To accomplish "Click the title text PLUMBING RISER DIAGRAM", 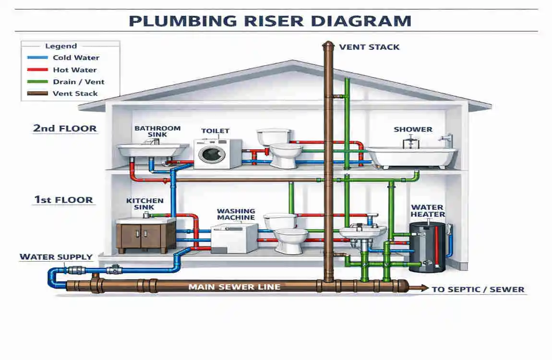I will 270,21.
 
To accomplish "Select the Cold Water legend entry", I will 75,58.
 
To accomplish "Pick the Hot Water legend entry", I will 74,70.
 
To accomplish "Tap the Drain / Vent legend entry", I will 78,82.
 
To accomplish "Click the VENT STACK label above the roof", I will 369,47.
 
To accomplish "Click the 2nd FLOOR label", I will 65,128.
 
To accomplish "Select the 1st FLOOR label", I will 63,200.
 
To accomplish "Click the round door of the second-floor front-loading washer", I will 212,154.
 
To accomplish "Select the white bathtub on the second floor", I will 412,156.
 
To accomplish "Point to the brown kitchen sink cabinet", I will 146,237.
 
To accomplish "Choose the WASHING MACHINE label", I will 236,214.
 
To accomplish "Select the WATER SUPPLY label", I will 56,257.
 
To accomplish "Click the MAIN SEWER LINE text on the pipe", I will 234,287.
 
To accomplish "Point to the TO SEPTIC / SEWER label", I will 478,289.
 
